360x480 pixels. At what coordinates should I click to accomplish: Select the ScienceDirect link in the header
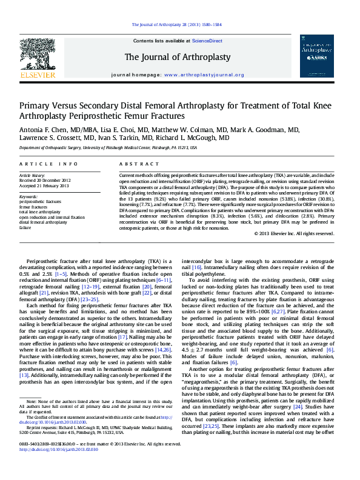click(207, 41)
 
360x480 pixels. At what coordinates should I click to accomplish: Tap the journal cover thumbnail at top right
click(316, 56)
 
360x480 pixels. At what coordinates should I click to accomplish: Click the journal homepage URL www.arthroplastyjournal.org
click(204, 75)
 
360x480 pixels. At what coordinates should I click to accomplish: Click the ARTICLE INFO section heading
click(48, 164)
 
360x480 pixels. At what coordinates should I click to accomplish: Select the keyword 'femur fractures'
click(34, 207)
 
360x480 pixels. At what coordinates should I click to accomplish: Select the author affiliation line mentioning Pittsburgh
click(108, 147)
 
